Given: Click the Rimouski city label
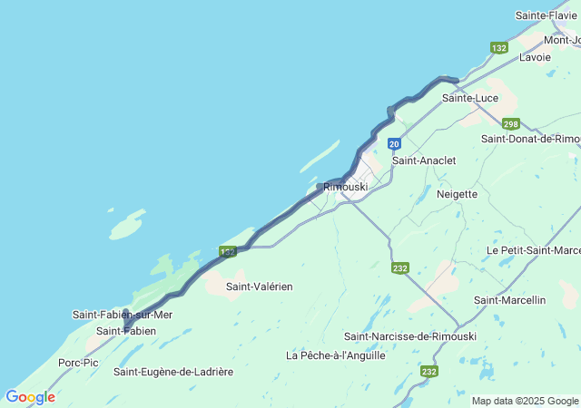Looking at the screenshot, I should point(346,186).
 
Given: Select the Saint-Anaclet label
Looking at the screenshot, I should point(424,160).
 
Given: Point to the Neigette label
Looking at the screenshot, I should point(457,194).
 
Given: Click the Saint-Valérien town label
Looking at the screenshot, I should point(260,287).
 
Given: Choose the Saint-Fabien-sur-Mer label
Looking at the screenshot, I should point(123,315).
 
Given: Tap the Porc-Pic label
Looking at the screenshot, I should point(78,363).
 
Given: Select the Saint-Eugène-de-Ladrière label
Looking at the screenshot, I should point(173,372).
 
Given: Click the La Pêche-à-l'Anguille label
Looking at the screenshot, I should point(336,355).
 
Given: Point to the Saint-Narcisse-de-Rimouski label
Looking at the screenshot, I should point(410,336).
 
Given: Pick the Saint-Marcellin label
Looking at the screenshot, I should point(510,300).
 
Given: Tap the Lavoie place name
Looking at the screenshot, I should point(536,57).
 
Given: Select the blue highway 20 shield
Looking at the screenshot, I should point(394,143).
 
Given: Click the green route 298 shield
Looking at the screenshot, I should point(510,123).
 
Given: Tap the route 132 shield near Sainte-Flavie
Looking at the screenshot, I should point(499,47).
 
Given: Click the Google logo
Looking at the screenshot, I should point(30,397).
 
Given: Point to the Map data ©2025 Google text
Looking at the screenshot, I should point(525,401).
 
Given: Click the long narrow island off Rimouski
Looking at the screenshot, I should point(320,155).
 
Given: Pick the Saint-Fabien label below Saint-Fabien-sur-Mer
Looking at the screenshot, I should point(126,331).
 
